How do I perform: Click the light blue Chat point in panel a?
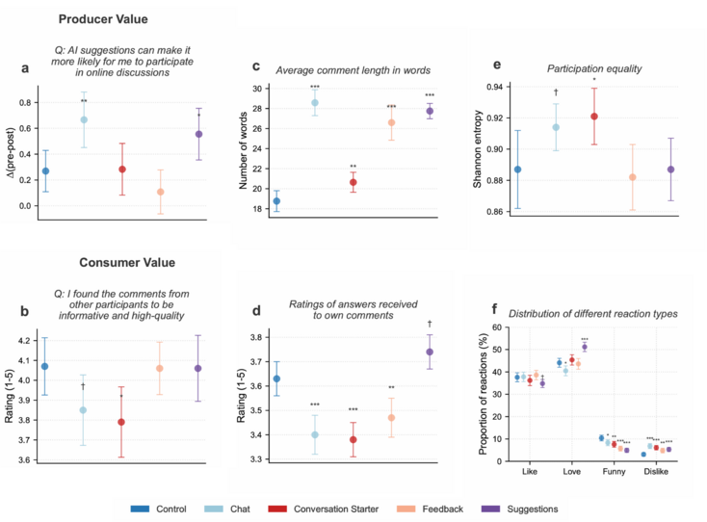pos(84,120)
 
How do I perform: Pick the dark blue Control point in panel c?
pos(276,201)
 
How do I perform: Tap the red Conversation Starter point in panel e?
pos(594,117)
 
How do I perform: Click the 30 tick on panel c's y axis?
pos(256,88)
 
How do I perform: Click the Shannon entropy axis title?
pos(475,149)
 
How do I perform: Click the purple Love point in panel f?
pos(585,347)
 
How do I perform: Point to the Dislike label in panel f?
pos(656,473)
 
